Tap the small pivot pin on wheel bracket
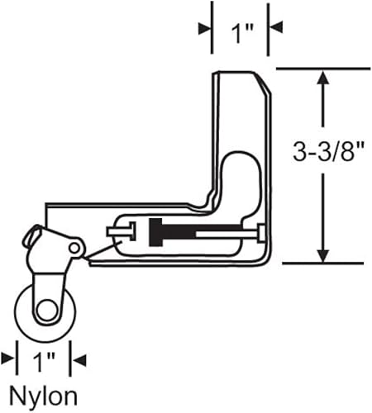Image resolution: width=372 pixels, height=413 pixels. tap(74, 248)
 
